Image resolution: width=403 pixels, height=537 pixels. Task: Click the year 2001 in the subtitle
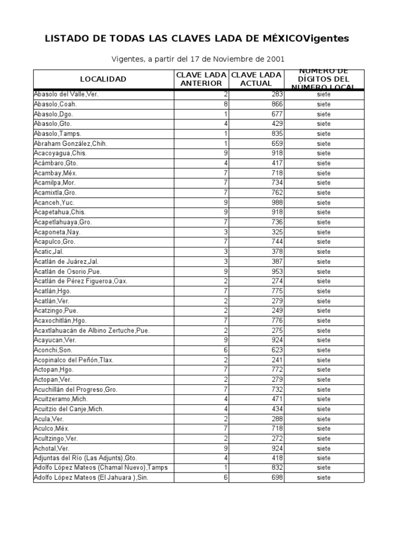pos(275,59)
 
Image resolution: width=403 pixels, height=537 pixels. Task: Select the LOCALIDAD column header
pos(103,79)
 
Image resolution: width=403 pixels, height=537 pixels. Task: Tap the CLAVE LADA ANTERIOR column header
pos(201,79)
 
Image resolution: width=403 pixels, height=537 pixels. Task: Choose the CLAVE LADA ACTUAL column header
pos(256,79)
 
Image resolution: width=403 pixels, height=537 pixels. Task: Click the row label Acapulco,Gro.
pos(54,242)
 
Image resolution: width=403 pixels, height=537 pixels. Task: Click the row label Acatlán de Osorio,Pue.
pos(67,272)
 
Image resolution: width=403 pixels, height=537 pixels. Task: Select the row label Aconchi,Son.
pos(54,350)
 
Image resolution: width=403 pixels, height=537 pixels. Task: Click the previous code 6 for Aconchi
pos(226,350)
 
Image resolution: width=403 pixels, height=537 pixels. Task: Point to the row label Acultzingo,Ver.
pos(56,438)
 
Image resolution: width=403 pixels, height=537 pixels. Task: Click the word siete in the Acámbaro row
pos(324,163)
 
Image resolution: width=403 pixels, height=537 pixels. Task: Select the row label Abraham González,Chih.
pos(70,143)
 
